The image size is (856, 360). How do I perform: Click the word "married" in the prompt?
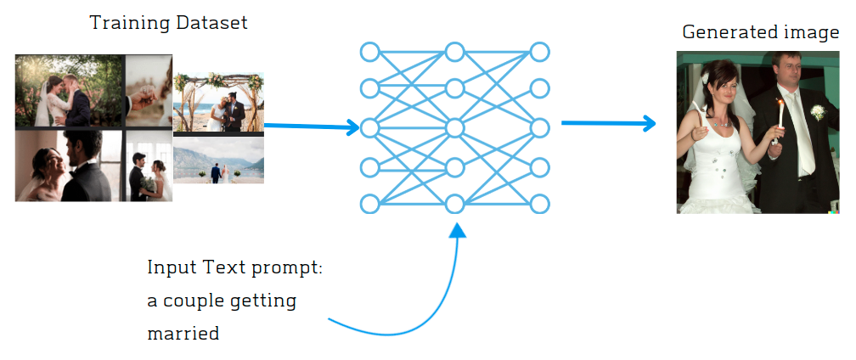pos(183,333)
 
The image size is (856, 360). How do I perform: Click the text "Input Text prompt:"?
pos(235,268)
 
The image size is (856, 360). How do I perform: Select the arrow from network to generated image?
pos(609,123)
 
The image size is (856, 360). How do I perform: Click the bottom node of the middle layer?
pos(454,204)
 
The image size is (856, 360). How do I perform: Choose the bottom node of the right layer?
pos(539,204)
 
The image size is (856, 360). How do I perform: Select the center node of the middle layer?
pos(454,128)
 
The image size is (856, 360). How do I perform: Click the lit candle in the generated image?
pos(780,106)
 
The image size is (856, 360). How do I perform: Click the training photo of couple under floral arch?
pos(218,104)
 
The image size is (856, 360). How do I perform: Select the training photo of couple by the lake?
pos(218,160)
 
